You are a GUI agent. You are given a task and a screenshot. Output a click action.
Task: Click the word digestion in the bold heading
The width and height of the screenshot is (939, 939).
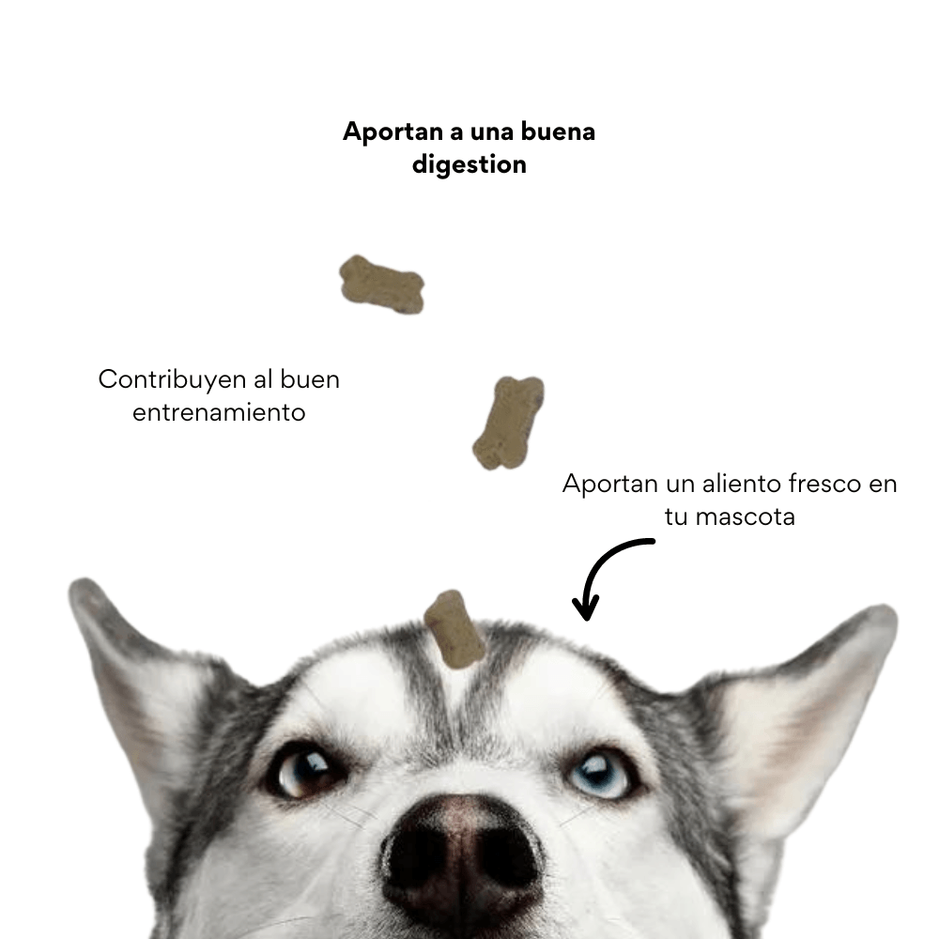click(469, 165)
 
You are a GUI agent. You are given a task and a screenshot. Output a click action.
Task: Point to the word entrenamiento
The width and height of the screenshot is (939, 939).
click(219, 412)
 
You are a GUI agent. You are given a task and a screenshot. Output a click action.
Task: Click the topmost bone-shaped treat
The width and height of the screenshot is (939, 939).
click(381, 284)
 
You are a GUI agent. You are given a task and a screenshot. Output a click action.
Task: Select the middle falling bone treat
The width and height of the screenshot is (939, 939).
click(509, 423)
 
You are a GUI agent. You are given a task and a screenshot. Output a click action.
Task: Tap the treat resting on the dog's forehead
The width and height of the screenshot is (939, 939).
click(454, 629)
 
